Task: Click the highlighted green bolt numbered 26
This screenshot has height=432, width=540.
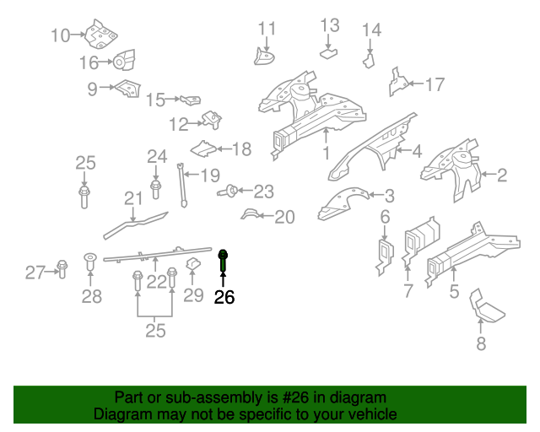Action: [x=223, y=261]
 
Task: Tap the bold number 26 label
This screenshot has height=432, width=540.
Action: [x=224, y=297]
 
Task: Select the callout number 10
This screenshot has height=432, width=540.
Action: [x=61, y=35]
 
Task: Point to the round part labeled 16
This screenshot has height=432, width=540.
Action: [x=124, y=60]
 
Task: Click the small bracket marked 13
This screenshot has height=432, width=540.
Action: [x=328, y=53]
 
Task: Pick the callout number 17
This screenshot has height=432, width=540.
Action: [x=435, y=84]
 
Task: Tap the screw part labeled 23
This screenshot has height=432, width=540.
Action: [x=228, y=191]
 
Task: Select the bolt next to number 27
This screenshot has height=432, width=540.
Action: [x=62, y=269]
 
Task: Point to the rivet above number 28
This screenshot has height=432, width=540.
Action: [x=90, y=262]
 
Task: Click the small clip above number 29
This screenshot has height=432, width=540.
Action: [x=193, y=264]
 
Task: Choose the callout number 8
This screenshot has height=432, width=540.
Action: [x=481, y=343]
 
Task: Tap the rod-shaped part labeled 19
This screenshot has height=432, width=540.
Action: [x=182, y=186]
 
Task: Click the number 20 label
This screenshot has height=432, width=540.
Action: [x=284, y=217]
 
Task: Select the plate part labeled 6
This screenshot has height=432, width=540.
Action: [x=385, y=257]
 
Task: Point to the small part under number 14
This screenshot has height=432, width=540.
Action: [x=369, y=60]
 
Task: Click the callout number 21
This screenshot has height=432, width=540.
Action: [x=133, y=199]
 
